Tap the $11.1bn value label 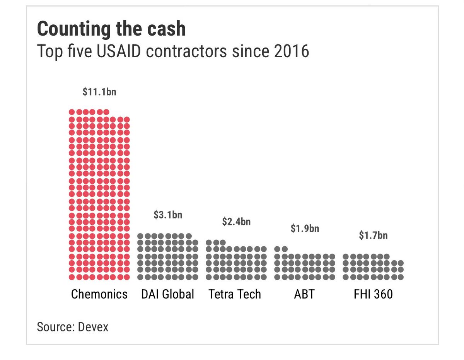point(99,92)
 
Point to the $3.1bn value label point(168,215)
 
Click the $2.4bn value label point(236,222)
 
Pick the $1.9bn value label point(305,228)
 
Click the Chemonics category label point(99,294)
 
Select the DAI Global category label point(168,294)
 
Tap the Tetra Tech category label point(235,294)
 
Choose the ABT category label point(304,294)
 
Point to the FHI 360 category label point(373,294)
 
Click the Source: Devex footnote point(73,327)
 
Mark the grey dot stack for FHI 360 point(373,267)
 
